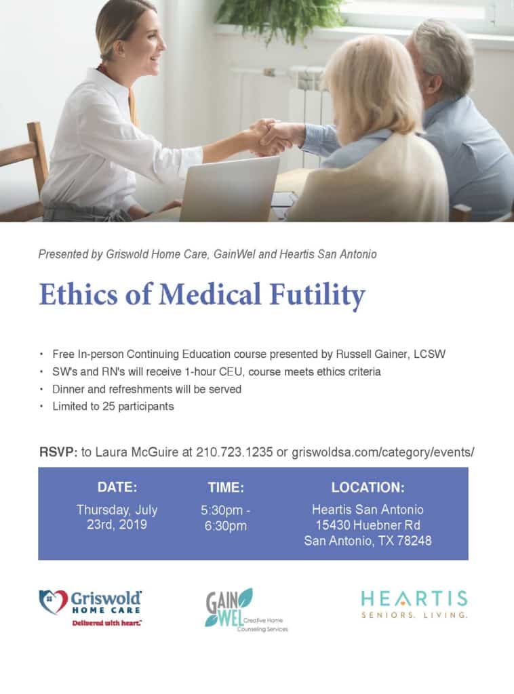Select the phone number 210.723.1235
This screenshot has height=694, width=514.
[x=234, y=452]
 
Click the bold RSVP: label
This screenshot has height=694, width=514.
[x=58, y=452]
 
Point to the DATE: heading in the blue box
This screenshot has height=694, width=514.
[x=117, y=487]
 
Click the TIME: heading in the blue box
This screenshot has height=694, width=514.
[x=226, y=487]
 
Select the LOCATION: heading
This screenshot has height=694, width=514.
[x=368, y=487]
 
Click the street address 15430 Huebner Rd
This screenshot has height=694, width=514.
[x=368, y=525]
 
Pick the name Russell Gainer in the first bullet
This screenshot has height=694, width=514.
[x=372, y=354]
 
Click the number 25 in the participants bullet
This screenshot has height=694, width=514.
[x=108, y=407]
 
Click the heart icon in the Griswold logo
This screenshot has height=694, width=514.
[x=53, y=602]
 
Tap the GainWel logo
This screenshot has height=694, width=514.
[x=246, y=609]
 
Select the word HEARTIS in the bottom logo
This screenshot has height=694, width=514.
[x=414, y=598]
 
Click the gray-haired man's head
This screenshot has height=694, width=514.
[x=441, y=56]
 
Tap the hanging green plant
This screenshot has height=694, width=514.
[x=281, y=18]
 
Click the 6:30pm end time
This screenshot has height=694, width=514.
[x=225, y=526]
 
